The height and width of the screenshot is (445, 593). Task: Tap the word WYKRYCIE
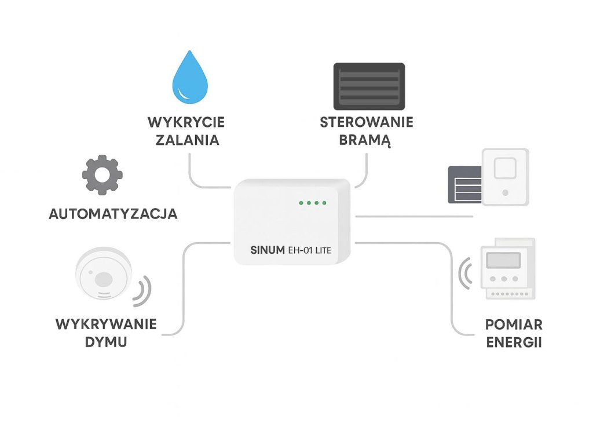click(186, 123)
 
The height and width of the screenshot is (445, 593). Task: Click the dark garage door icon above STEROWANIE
click(369, 86)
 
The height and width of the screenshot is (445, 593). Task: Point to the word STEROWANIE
click(367, 123)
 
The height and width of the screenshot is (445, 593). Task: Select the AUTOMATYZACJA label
click(113, 214)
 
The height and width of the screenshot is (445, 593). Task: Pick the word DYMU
click(106, 342)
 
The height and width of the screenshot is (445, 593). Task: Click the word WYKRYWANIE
click(106, 324)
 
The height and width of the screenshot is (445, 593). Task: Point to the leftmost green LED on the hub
click(301, 203)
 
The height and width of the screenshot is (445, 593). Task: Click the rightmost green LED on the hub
click(324, 203)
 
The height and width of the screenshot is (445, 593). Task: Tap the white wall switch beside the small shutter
click(506, 177)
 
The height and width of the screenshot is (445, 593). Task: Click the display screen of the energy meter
click(502, 260)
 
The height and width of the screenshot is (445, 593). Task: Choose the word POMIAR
click(514, 324)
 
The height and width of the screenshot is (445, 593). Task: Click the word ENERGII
click(514, 342)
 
